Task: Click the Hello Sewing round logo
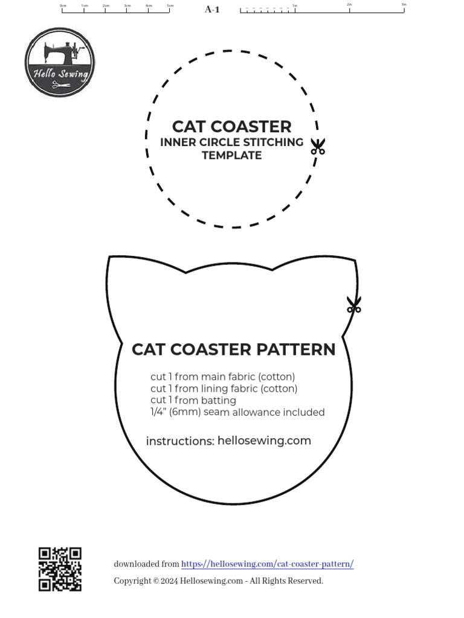(x=60, y=62)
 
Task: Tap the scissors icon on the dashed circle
(x=318, y=146)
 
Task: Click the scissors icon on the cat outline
(x=354, y=304)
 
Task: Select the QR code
(x=60, y=569)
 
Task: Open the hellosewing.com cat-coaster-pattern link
(x=267, y=564)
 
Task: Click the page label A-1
(x=212, y=9)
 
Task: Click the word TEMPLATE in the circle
(x=231, y=156)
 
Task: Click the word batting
(x=218, y=400)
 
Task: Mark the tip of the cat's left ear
(x=110, y=258)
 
